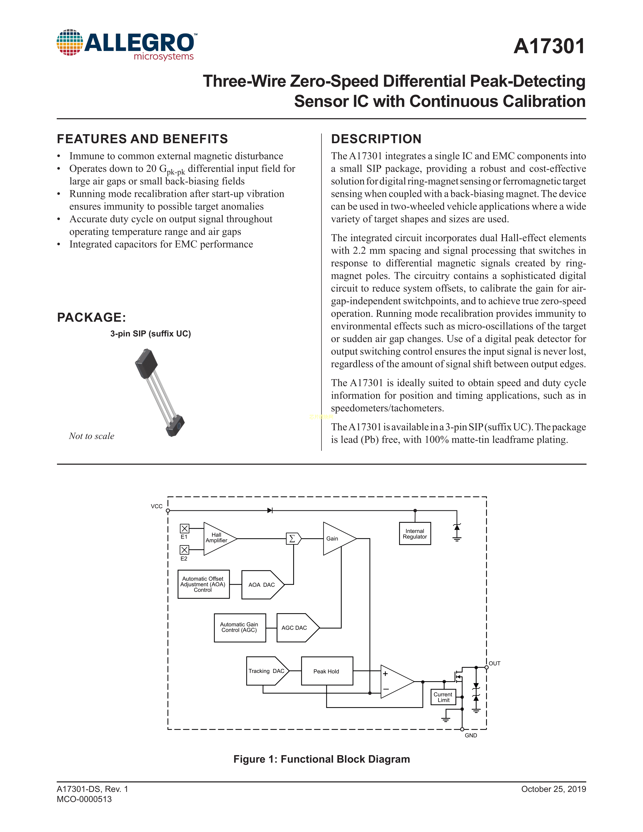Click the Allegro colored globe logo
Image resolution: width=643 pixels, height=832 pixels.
pyautogui.click(x=70, y=42)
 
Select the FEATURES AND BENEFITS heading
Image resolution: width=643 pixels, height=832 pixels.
pyautogui.click(x=142, y=139)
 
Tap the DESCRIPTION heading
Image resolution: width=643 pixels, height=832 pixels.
pyautogui.click(x=376, y=139)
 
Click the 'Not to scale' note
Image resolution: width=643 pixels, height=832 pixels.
pyautogui.click(x=92, y=436)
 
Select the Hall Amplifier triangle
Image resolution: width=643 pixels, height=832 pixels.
pyautogui.click(x=218, y=538)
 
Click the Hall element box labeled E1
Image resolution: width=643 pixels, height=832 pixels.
pyautogui.click(x=184, y=528)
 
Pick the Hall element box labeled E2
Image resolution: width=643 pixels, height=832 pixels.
pyautogui.click(x=184, y=550)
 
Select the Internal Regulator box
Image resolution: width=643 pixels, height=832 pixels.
pyautogui.click(x=415, y=534)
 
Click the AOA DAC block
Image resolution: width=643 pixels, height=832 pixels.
pyautogui.click(x=262, y=585)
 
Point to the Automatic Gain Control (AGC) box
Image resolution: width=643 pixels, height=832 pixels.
pyautogui.click(x=240, y=628)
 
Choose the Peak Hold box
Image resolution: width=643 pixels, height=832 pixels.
pyautogui.click(x=327, y=671)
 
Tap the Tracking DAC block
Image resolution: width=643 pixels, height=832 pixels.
pyautogui.click(x=267, y=671)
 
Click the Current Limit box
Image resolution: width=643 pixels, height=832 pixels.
pyautogui.click(x=443, y=697)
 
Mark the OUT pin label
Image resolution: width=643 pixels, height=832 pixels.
pyautogui.click(x=494, y=664)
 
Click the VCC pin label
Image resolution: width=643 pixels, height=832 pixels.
pyautogui.click(x=157, y=506)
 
